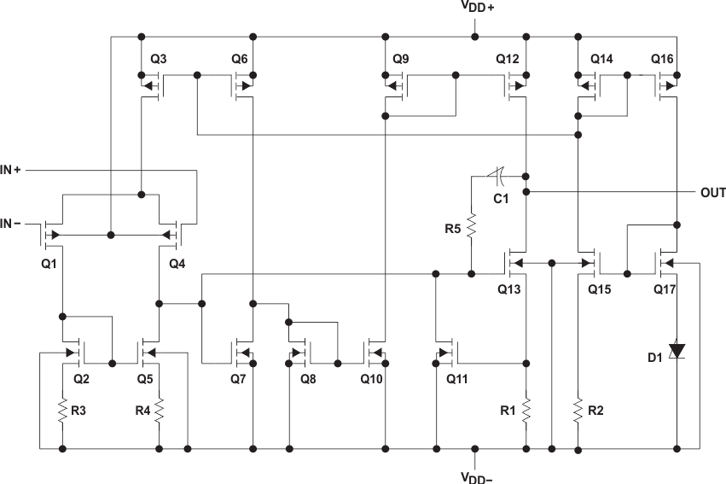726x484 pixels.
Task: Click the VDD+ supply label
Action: tap(478, 8)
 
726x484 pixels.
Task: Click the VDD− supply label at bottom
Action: tap(477, 475)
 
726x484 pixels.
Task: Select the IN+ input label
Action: tap(15, 171)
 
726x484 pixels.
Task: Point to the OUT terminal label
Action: tap(712, 192)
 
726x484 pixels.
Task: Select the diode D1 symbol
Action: tap(677, 350)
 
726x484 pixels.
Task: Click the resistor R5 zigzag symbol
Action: tap(471, 228)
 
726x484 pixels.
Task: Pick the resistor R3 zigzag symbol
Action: tap(62, 411)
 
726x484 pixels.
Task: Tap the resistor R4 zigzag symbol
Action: tap(159, 411)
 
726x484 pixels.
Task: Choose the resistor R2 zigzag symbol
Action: tap(578, 410)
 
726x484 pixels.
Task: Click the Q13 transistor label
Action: tap(508, 289)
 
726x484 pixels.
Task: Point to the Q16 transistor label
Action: tap(662, 59)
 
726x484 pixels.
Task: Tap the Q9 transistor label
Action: tap(401, 59)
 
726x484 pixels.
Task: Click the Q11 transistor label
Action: tap(458, 378)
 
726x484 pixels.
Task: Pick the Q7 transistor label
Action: tap(240, 378)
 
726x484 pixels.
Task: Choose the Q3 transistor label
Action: tap(159, 59)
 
